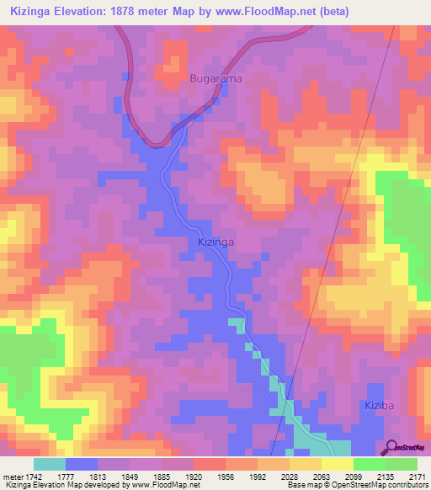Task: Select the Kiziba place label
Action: [379, 406]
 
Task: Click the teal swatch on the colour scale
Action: [50, 464]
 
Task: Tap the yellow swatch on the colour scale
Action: [337, 464]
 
